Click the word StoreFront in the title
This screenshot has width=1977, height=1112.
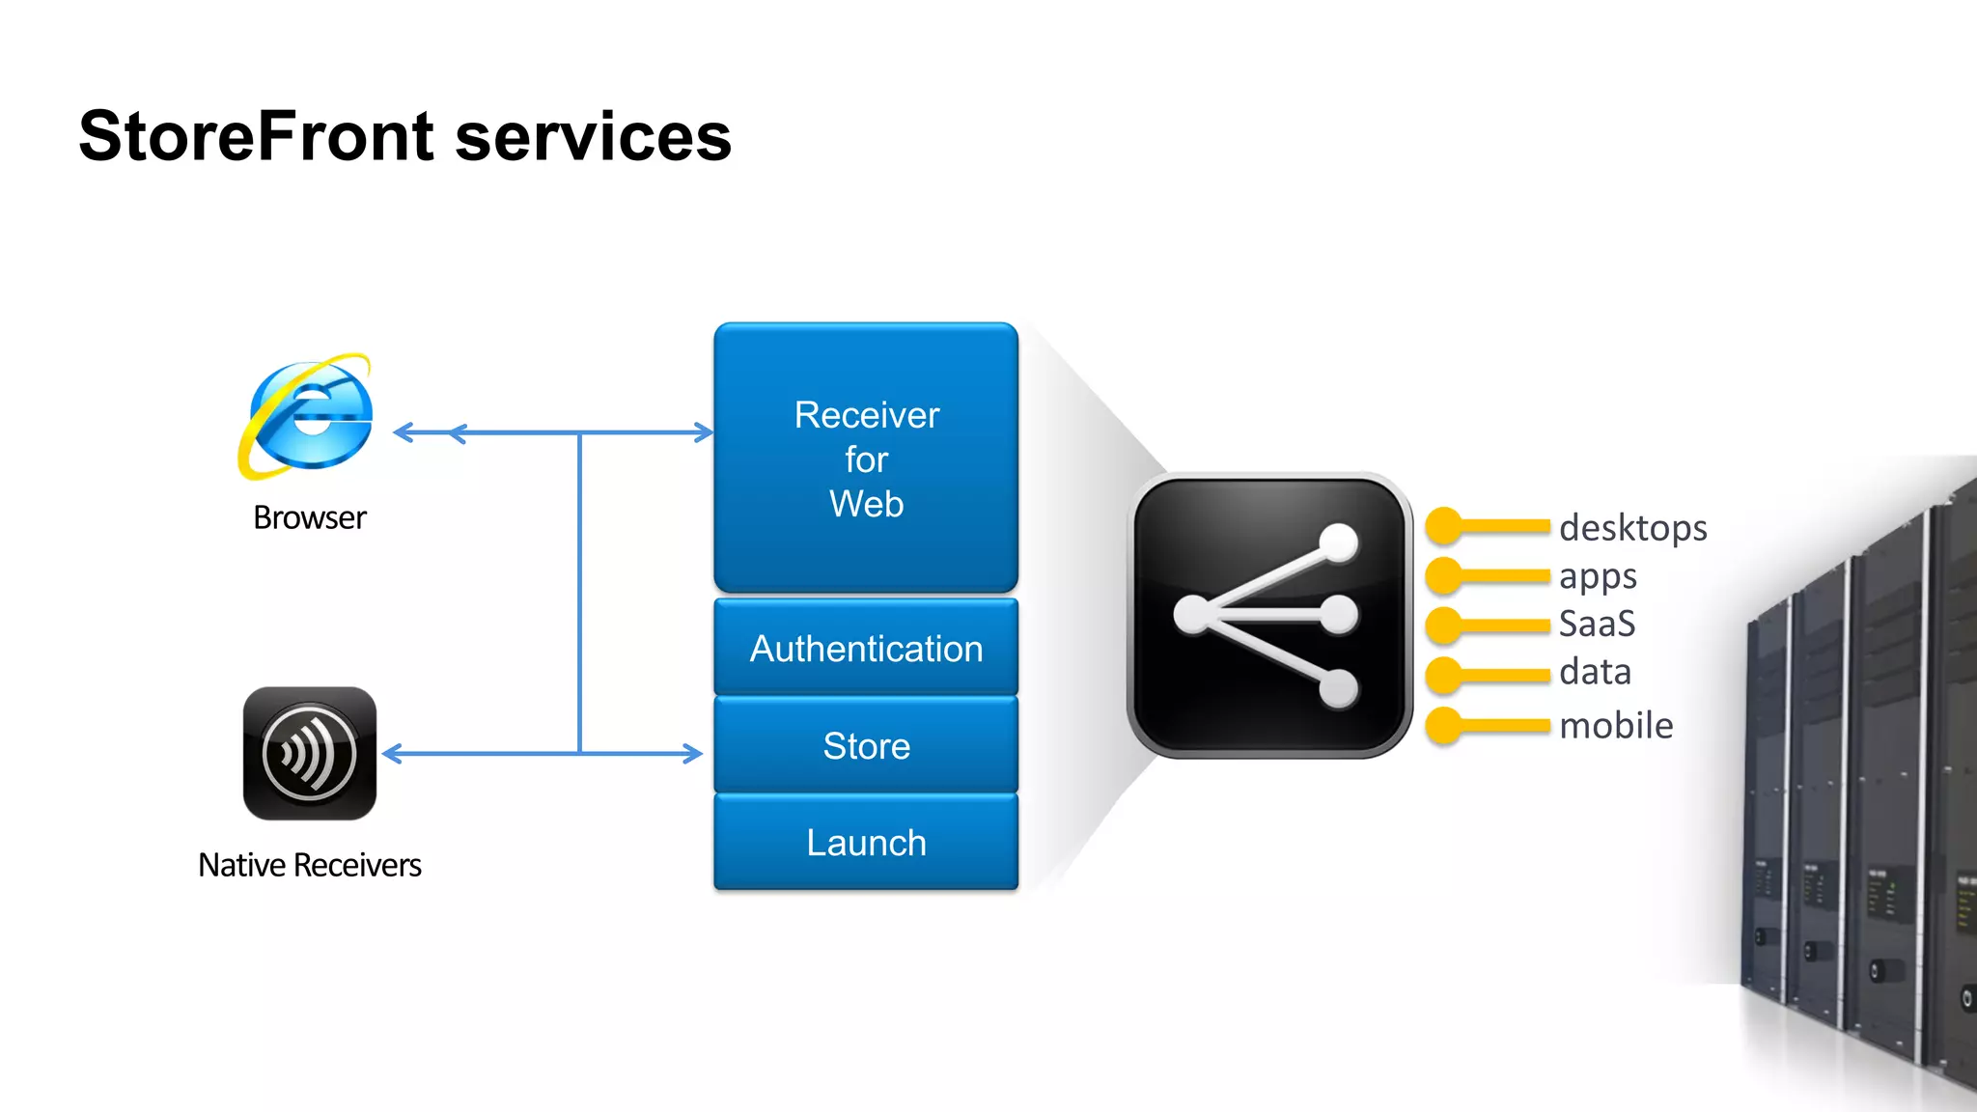pyautogui.click(x=256, y=136)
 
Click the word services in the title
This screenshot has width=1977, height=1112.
pyautogui.click(x=593, y=136)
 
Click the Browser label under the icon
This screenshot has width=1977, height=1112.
pyautogui.click(x=309, y=518)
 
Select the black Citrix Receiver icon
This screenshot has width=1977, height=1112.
pyautogui.click(x=309, y=754)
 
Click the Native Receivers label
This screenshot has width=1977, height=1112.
pyautogui.click(x=309, y=865)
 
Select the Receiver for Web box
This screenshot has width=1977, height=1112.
pyautogui.click(x=866, y=459)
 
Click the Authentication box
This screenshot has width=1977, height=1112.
pyautogui.click(x=866, y=649)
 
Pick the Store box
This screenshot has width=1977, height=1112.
pyautogui.click(x=866, y=746)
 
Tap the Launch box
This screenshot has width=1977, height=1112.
pyautogui.click(x=866, y=843)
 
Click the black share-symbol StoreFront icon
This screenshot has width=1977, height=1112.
pyautogui.click(x=1268, y=616)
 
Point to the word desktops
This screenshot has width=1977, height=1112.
pyautogui.click(x=1632, y=528)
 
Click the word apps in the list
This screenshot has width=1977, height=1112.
pyautogui.click(x=1598, y=577)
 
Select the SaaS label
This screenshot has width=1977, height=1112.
pyautogui.click(x=1597, y=624)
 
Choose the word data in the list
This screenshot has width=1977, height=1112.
pyautogui.click(x=1595, y=672)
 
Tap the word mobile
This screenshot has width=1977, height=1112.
pyautogui.click(x=1616, y=725)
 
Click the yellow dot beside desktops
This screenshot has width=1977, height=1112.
pyautogui.click(x=1444, y=526)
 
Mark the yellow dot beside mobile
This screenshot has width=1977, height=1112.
pyautogui.click(x=1444, y=726)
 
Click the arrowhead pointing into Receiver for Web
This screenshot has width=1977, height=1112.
pyautogui.click(x=705, y=432)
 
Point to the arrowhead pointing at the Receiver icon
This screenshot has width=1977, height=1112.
pyautogui.click(x=392, y=754)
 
